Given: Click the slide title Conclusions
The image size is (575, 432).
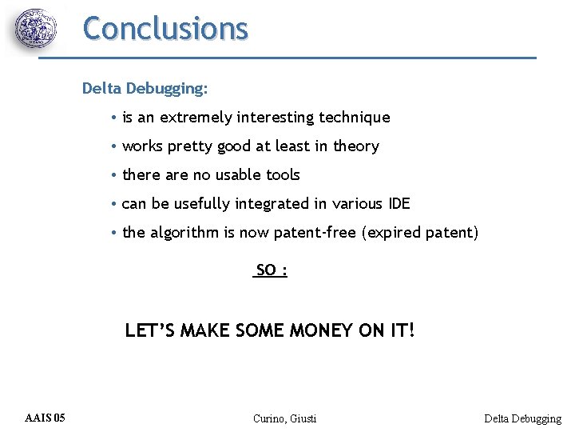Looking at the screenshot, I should coord(165,28).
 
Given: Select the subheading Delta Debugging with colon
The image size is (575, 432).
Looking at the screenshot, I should coord(145,88).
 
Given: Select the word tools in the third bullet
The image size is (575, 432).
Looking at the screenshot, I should coord(283,175).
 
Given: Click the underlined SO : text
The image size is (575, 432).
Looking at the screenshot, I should coord(271,270).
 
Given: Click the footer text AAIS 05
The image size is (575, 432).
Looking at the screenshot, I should coord(46,418).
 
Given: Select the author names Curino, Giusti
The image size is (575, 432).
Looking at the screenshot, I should coord(284,418).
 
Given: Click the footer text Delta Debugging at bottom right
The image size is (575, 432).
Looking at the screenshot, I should coord(522,418).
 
